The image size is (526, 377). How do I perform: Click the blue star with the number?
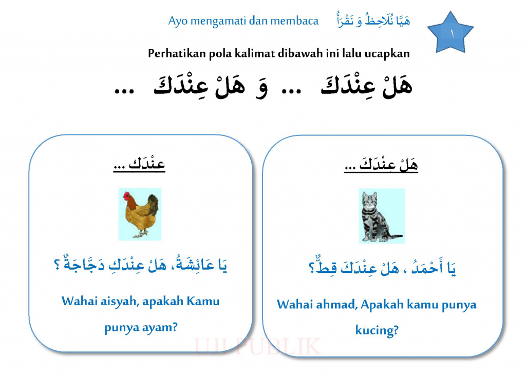click(x=450, y=33)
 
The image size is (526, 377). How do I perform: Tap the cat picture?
click(x=382, y=216)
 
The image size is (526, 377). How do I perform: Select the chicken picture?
click(x=140, y=214)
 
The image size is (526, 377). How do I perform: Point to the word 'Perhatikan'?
click(x=177, y=53)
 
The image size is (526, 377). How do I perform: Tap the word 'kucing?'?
click(x=377, y=330)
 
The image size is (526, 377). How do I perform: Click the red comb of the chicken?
click(x=126, y=194)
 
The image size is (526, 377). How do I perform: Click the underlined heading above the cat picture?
click(x=381, y=165)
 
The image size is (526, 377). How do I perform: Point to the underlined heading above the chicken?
click(x=139, y=164)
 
